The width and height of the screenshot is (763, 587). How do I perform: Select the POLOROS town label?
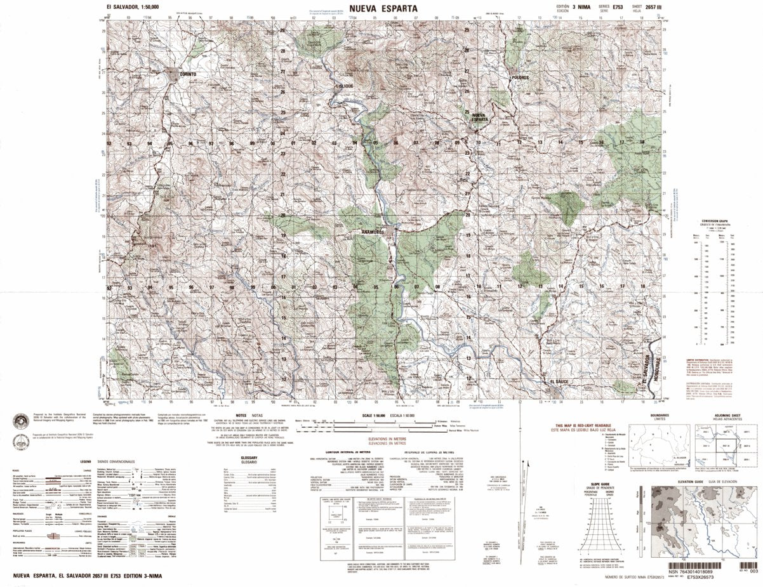521,77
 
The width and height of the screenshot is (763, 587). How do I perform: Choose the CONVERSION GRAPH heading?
714,221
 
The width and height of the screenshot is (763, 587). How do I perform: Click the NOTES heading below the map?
242,414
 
